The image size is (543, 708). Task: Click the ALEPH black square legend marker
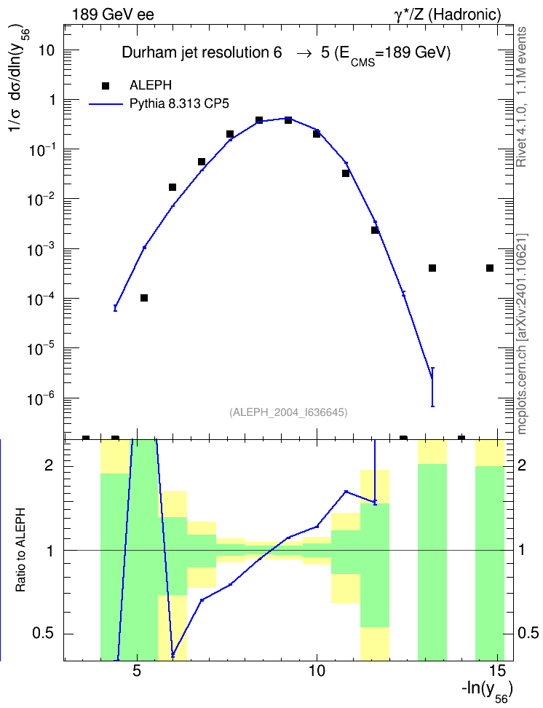(106, 86)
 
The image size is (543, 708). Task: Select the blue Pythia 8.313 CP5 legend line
(106, 104)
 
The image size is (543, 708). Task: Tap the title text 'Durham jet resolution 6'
(202, 53)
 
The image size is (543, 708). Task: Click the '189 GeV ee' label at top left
(113, 15)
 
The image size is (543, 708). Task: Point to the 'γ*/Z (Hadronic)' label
(448, 15)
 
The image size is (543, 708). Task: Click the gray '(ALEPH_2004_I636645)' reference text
(288, 412)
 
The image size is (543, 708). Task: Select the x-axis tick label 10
(317, 671)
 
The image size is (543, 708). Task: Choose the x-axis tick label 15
(497, 671)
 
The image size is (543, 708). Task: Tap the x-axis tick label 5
(137, 671)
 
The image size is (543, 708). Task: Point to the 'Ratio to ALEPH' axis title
(20, 550)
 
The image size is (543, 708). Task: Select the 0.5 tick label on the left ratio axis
(44, 634)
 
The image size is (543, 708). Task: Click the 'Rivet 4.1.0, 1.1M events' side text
(521, 97)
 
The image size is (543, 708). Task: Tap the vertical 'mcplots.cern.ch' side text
(522, 334)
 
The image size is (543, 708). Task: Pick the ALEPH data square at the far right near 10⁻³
(490, 268)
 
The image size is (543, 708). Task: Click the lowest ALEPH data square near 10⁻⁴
(144, 298)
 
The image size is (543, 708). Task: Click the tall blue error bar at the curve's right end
(432, 387)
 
